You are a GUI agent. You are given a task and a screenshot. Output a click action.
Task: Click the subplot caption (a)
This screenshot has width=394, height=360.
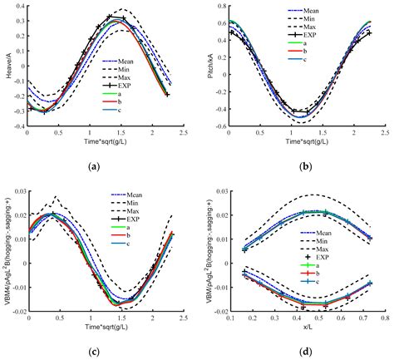101,167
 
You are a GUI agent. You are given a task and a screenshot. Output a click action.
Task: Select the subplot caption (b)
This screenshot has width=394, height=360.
297,167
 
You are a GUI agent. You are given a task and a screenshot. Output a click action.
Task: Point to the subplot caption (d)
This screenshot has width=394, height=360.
297,350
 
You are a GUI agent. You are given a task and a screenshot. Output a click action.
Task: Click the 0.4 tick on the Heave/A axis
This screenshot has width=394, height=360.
19,6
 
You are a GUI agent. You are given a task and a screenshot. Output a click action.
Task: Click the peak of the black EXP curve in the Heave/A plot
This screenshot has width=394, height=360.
110,17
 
